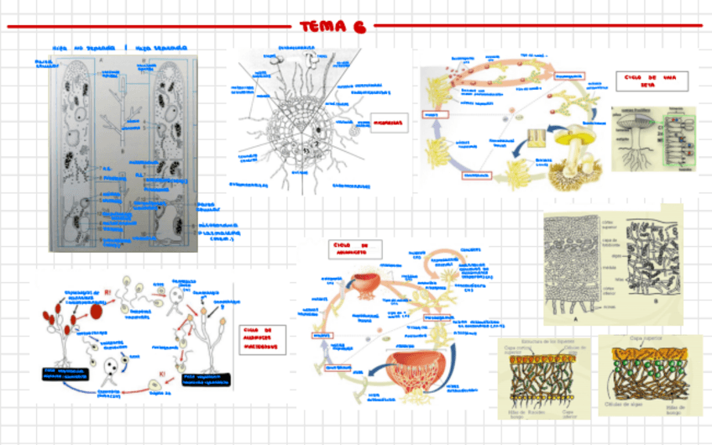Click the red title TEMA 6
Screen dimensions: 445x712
pos(333,26)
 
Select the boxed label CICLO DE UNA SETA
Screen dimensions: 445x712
pos(652,81)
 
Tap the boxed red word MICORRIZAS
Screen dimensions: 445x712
pos(388,123)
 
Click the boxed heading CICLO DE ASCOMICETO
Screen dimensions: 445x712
pos(354,249)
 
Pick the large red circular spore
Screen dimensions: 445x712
pos(96,312)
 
